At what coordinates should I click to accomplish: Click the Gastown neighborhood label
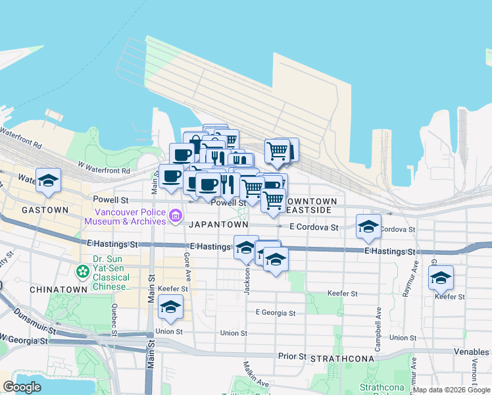coord(45,210)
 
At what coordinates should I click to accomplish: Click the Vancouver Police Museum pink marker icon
coord(175,215)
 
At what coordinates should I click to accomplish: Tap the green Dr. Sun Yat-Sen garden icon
coord(82,271)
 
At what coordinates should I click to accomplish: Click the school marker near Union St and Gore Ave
coord(170,307)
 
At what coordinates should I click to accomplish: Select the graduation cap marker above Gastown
coord(49,180)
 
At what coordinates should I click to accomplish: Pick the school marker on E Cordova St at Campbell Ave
coord(368,226)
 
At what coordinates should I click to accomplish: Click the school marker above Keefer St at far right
coord(441,277)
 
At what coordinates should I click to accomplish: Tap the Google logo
coord(22,387)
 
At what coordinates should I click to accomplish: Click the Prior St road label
coord(293,357)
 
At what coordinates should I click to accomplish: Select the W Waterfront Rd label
coord(103,168)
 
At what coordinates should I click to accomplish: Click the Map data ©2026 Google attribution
coord(451,390)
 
